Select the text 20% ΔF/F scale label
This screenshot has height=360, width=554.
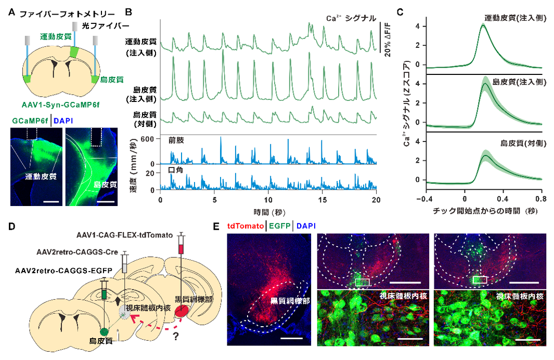coord(387,41)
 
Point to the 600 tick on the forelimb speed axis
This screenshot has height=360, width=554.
coord(149,139)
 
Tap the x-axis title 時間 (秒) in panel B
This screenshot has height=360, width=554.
coord(268,212)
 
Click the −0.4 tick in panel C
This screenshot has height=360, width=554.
coord(427,199)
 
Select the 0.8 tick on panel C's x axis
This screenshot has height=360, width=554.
coord(541,199)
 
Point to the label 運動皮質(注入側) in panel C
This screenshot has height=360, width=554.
coord(513,18)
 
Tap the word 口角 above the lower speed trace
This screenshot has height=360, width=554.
coord(173,170)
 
